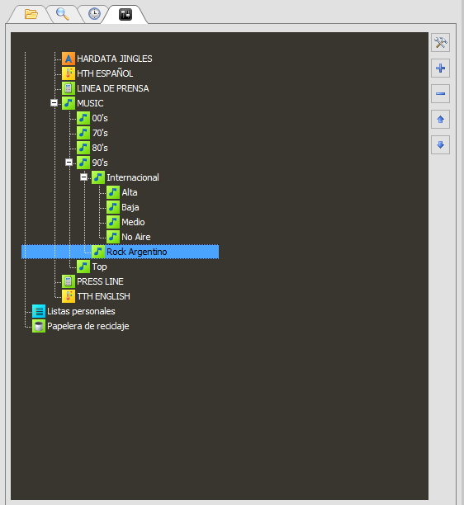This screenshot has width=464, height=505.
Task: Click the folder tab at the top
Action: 31,14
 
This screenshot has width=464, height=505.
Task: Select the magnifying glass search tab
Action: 62,14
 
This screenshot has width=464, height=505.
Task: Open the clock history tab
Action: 94,14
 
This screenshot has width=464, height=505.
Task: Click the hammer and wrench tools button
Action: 441,43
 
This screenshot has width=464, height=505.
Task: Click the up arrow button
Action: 441,120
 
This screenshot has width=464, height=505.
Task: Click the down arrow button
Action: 441,145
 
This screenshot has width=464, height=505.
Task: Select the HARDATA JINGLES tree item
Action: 115,59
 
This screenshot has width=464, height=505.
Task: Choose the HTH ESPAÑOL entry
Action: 105,73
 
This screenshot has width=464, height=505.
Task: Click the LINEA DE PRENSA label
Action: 113,88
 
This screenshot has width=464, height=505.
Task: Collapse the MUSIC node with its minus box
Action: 54,103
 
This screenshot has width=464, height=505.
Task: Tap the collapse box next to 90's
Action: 69,163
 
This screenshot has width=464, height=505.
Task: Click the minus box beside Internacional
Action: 83,177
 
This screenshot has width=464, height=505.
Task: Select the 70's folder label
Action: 100,133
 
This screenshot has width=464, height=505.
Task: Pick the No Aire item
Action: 136,237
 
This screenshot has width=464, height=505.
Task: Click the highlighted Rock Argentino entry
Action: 136,252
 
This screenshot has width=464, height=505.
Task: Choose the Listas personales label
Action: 81,311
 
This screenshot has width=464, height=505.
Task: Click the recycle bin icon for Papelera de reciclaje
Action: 39,326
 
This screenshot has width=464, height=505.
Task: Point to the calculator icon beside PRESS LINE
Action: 69,281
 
